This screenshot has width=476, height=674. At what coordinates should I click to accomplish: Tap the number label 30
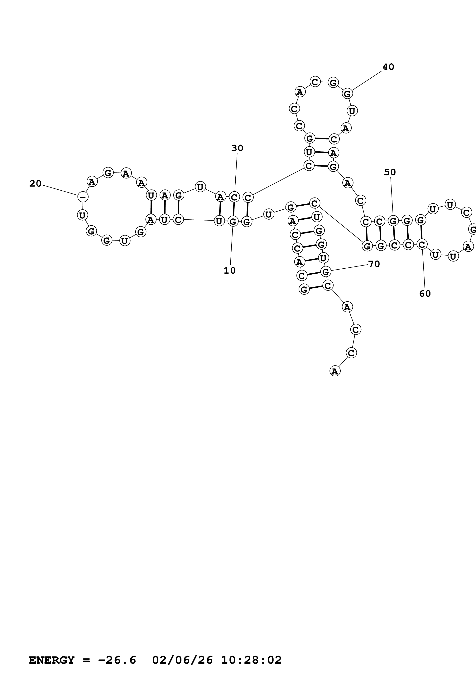(x=237, y=148)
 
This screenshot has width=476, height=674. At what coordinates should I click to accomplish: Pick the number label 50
(x=390, y=172)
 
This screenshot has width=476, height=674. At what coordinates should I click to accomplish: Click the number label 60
(x=425, y=294)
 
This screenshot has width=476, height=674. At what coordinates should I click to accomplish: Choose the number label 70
(x=374, y=264)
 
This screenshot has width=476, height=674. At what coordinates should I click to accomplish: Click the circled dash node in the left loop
(x=83, y=197)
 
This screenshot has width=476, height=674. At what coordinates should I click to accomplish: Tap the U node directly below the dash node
(x=82, y=215)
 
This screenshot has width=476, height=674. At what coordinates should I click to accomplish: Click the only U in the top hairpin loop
(x=352, y=111)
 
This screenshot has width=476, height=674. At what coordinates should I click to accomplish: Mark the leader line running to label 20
(x=60, y=190)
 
